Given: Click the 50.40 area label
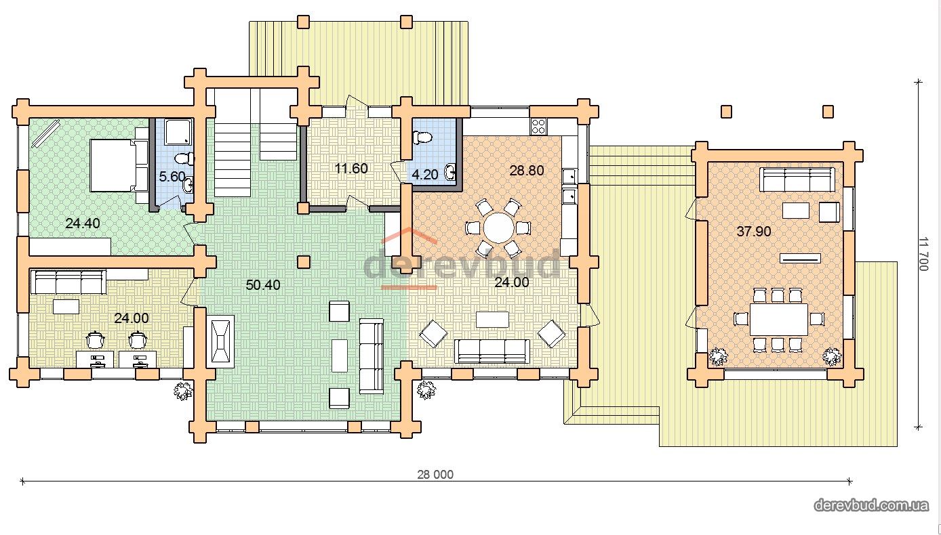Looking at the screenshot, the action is pos(263,285).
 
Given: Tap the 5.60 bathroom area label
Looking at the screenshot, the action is pos(172,177).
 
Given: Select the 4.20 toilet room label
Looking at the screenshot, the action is pos(425,174).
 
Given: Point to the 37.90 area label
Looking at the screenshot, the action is pos(754,231).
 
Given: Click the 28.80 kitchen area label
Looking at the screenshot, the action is pos(527,171).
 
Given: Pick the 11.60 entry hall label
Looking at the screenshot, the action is pos(351,168).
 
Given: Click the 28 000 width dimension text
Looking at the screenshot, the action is pos(435,475).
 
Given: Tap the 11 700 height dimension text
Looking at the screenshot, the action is pos(923,254).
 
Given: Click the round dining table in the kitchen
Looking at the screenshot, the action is pos(499,228).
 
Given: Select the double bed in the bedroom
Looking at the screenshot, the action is pos(119,166).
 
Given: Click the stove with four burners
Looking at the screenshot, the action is pos(539,126).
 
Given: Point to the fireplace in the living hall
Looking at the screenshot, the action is pos(222,341).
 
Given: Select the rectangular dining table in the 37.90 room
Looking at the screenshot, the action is pos(779,320).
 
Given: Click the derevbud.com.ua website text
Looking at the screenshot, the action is pos(871,505).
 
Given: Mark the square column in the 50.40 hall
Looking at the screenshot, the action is pos(304,262).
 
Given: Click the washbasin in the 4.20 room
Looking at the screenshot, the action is pos(450,171).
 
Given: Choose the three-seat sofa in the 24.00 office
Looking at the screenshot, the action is pos(68,282).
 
